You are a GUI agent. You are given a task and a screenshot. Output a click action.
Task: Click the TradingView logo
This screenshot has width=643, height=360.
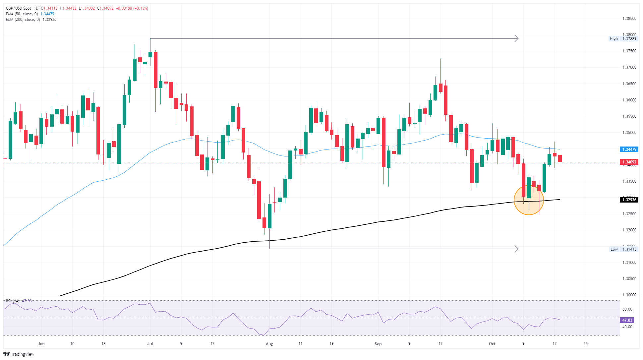[x=19, y=354]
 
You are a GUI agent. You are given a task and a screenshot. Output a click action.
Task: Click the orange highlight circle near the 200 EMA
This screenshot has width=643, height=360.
[x=529, y=200]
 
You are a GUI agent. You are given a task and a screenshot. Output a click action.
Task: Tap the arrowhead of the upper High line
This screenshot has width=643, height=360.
[x=516, y=38]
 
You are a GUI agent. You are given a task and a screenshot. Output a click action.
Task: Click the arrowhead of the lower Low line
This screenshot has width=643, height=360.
[x=516, y=249]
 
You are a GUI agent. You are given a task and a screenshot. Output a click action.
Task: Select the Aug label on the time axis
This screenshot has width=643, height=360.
[x=269, y=344]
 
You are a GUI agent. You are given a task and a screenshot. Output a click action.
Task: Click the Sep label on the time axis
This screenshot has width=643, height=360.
[x=378, y=344]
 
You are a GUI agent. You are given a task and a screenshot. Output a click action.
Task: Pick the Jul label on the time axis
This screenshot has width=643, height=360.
[x=150, y=344]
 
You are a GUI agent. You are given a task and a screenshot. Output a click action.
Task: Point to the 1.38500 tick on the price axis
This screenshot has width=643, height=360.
[x=629, y=19]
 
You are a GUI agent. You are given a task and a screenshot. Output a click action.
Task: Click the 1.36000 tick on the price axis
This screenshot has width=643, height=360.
[x=629, y=100]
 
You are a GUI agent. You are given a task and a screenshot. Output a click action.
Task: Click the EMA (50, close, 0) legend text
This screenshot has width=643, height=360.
[x=22, y=14]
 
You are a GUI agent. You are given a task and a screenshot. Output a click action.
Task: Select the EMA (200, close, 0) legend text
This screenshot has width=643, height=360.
[x=23, y=20]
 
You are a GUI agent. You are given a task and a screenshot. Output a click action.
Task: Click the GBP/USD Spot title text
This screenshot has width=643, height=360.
[x=20, y=8]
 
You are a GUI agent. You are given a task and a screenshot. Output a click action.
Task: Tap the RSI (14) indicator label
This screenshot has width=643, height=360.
[x=13, y=301]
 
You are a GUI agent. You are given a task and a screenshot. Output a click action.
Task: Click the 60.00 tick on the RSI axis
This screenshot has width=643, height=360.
[x=627, y=309]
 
